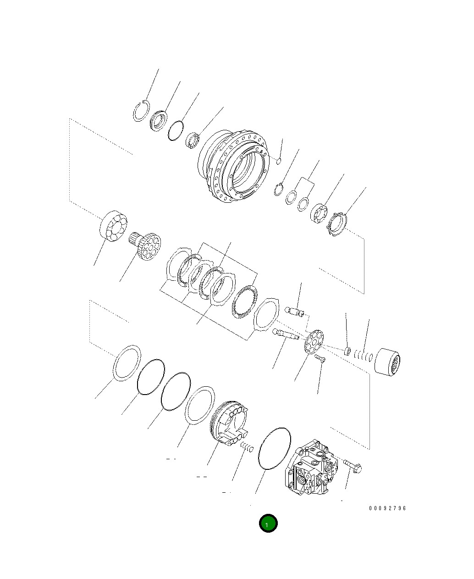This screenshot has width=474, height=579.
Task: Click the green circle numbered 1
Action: click(x=268, y=523)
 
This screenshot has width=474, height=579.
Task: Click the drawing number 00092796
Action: click(x=387, y=508)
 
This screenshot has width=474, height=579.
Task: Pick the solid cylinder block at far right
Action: click(x=387, y=362)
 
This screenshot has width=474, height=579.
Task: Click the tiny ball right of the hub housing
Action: click(x=278, y=160)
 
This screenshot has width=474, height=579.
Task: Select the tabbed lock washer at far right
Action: click(x=338, y=224)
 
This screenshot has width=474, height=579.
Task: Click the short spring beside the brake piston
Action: click(x=247, y=447)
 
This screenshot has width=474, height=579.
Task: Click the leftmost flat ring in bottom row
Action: click(x=127, y=363)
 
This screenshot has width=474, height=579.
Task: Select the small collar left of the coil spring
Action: click(x=347, y=351)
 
